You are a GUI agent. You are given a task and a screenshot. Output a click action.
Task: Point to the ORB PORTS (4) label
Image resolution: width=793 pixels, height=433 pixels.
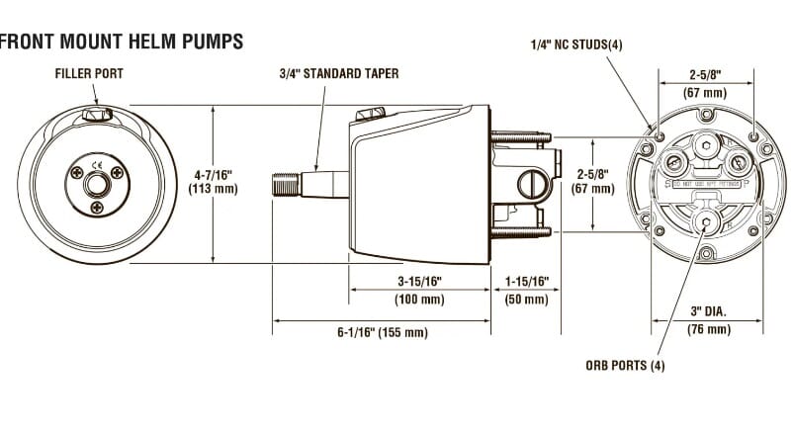click(625, 366)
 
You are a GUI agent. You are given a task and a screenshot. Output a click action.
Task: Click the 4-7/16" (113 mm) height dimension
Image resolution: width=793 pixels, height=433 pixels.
click(214, 181)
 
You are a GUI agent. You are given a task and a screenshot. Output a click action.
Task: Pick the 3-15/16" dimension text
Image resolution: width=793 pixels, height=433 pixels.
click(420, 282)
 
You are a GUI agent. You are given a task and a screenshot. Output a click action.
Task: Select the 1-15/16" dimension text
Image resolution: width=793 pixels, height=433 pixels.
click(526, 282)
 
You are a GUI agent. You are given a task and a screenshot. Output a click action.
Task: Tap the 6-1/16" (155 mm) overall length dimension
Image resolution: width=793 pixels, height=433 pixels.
click(382, 333)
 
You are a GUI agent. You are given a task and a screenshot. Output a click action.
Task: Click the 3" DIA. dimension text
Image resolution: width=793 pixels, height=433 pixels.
click(708, 311)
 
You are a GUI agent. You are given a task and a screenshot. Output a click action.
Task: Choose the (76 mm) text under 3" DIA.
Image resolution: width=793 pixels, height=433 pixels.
click(709, 329)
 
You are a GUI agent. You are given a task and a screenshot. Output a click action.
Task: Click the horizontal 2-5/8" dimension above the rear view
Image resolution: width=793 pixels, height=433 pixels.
click(708, 72)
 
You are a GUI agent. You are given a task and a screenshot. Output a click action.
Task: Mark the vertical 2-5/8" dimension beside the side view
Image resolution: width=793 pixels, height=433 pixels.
click(592, 181)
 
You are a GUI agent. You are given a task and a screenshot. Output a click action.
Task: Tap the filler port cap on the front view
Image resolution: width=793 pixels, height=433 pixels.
click(95, 117)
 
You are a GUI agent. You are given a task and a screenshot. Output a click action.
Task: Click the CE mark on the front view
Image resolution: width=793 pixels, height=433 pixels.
click(96, 165)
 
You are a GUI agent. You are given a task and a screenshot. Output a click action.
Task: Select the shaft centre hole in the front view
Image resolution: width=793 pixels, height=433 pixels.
click(96, 184)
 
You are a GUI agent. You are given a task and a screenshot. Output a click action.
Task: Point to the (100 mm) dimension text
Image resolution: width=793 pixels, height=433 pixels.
click(420, 300)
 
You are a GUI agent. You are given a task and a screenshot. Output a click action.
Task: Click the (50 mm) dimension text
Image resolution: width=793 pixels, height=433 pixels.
click(526, 300)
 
